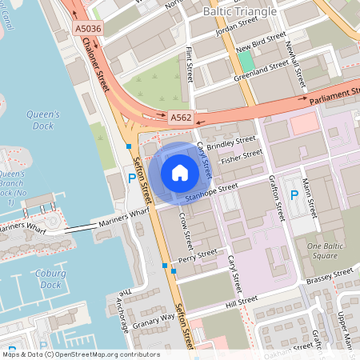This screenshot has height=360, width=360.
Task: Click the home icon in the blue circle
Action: pyautogui.click(x=180, y=172)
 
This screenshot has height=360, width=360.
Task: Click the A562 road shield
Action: pyautogui.click(x=181, y=117)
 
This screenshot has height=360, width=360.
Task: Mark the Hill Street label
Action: pyautogui.click(x=242, y=300)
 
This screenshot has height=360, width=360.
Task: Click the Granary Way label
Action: pyautogui.click(x=156, y=318)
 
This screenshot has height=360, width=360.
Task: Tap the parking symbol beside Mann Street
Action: pyautogui.click(x=294, y=194)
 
